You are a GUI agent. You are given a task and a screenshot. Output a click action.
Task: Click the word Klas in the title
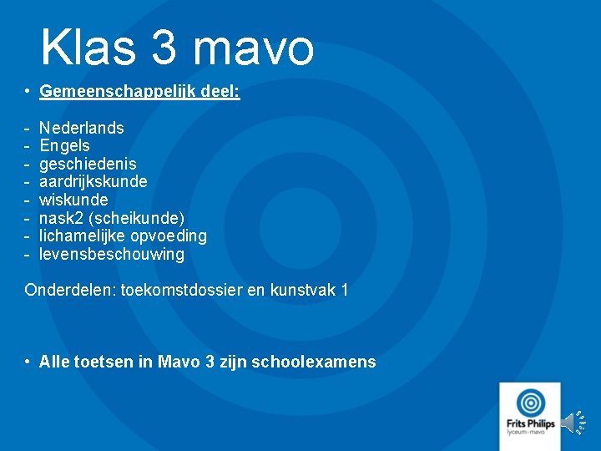(87, 48)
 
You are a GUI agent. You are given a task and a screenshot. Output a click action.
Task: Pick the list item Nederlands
(82, 128)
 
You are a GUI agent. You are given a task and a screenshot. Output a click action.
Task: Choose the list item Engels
(64, 146)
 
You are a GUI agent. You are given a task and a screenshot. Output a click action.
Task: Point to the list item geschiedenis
(88, 165)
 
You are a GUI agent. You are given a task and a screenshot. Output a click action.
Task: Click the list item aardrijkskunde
(93, 182)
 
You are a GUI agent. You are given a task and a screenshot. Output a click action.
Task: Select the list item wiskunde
(73, 200)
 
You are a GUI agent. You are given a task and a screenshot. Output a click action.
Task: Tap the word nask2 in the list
(60, 219)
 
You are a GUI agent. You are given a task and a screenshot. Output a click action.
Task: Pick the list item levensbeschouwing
(112, 255)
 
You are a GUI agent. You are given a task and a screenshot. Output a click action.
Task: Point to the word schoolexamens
(321, 362)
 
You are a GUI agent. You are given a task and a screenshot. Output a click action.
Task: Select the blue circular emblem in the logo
(529, 401)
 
